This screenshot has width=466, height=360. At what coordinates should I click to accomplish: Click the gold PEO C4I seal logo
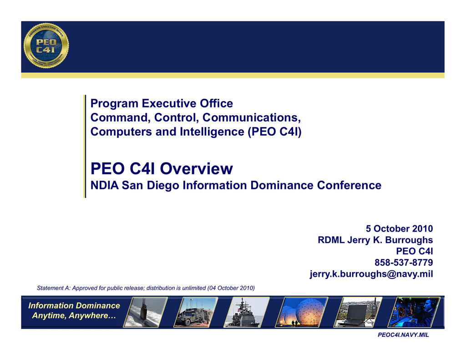[46, 46]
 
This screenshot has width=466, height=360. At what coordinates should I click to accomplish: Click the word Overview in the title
[197, 168]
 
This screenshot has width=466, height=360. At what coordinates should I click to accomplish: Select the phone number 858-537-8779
[404, 263]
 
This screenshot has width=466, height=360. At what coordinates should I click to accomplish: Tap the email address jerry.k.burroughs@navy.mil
[371, 274]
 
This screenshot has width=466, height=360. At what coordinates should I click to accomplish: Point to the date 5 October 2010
[399, 228]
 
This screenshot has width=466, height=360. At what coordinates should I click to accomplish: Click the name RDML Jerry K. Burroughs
[375, 240]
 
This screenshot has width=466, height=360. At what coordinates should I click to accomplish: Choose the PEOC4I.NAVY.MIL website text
[403, 335]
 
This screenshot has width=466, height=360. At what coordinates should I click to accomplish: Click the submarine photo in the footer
[146, 312]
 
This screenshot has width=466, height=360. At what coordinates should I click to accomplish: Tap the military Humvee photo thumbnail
[196, 312]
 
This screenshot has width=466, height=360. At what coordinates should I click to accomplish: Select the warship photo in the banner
[246, 312]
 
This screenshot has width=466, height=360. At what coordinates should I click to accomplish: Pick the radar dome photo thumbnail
[302, 312]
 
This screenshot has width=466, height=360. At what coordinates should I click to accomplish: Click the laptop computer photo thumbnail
[358, 312]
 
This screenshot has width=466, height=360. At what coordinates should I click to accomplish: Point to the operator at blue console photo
[414, 312]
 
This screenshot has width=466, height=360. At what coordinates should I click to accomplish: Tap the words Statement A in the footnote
[54, 288]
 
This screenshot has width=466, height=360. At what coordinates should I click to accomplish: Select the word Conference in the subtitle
[349, 185]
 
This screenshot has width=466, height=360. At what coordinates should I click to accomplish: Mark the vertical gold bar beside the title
[85, 146]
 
